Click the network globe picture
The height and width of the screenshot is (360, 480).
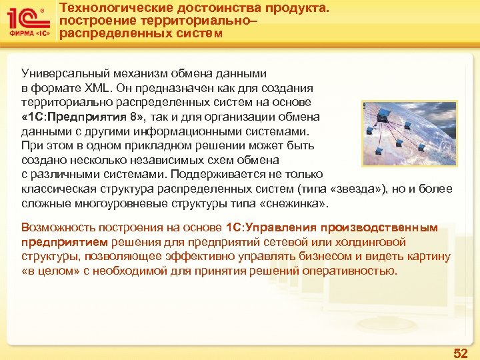pyautogui.click(x=409, y=133)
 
